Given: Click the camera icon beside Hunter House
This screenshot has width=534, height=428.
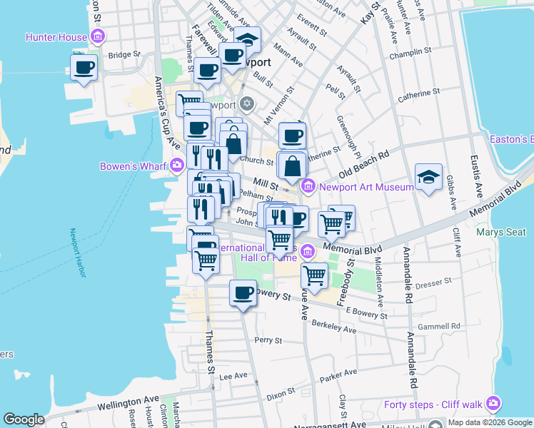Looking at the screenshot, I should pyautogui.click(x=99, y=36).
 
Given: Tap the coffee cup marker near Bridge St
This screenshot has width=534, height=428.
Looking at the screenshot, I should pyautogui.click(x=84, y=68).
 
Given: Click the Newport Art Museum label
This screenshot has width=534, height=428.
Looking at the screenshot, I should pyautogui.click(x=366, y=187).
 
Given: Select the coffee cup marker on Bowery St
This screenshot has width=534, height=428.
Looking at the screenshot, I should pyautogui.click(x=243, y=292).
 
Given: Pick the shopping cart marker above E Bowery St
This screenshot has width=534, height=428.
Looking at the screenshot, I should pyautogui.click(x=314, y=275).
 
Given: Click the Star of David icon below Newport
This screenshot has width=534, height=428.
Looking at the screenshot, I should pyautogui.click(x=247, y=105).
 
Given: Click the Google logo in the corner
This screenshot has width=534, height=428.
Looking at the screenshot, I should pyautogui.click(x=24, y=419).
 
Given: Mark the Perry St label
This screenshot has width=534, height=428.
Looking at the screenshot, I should pyautogui.click(x=269, y=340).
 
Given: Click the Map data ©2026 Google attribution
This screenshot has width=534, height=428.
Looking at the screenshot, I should pyautogui.click(x=490, y=422).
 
